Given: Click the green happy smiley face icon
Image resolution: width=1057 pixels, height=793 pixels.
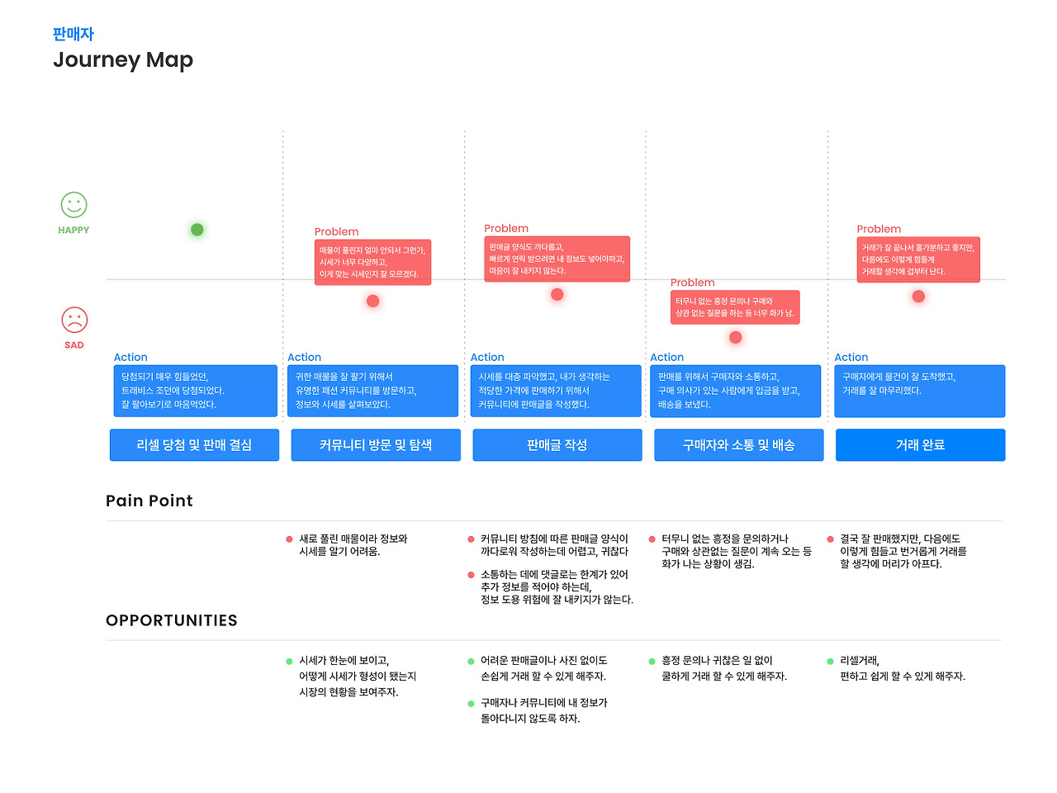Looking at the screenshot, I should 73,205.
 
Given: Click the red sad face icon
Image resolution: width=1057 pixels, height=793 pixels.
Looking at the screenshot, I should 74,320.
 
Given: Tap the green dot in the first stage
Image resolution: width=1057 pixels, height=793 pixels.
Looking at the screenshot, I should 197,230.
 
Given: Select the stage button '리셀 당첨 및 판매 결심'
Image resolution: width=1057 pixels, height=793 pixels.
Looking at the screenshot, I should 194,444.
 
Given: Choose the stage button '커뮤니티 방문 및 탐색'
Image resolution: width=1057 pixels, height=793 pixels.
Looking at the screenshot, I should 376,444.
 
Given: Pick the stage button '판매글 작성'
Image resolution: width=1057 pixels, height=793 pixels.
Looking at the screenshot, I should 557,444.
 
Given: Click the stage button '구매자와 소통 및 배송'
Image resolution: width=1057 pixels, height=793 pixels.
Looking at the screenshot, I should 739,444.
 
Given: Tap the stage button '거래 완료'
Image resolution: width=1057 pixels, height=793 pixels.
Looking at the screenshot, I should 920,444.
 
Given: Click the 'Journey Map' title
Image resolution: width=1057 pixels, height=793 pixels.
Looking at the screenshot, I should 123,60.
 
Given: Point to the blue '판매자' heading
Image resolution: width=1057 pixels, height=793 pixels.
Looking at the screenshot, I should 73,34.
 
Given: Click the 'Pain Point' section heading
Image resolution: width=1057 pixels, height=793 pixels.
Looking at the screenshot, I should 149,501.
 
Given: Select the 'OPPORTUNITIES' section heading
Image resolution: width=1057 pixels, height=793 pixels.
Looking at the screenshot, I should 172,620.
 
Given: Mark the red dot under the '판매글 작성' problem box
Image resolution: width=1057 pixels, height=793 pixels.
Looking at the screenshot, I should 557,294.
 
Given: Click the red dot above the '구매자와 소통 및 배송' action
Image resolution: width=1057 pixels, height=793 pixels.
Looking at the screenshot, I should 736,337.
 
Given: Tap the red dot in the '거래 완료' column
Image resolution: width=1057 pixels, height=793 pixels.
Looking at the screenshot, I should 918,297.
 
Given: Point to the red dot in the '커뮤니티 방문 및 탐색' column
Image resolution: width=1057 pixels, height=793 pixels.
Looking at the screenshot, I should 373,301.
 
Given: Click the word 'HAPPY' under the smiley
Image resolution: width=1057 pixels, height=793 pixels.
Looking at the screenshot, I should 73,230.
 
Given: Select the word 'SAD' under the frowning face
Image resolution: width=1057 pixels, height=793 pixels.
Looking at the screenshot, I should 74,345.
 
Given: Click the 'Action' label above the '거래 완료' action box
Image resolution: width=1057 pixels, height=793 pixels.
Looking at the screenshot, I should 851,358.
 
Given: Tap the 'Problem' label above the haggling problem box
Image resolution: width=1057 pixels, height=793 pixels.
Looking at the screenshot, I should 693,283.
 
